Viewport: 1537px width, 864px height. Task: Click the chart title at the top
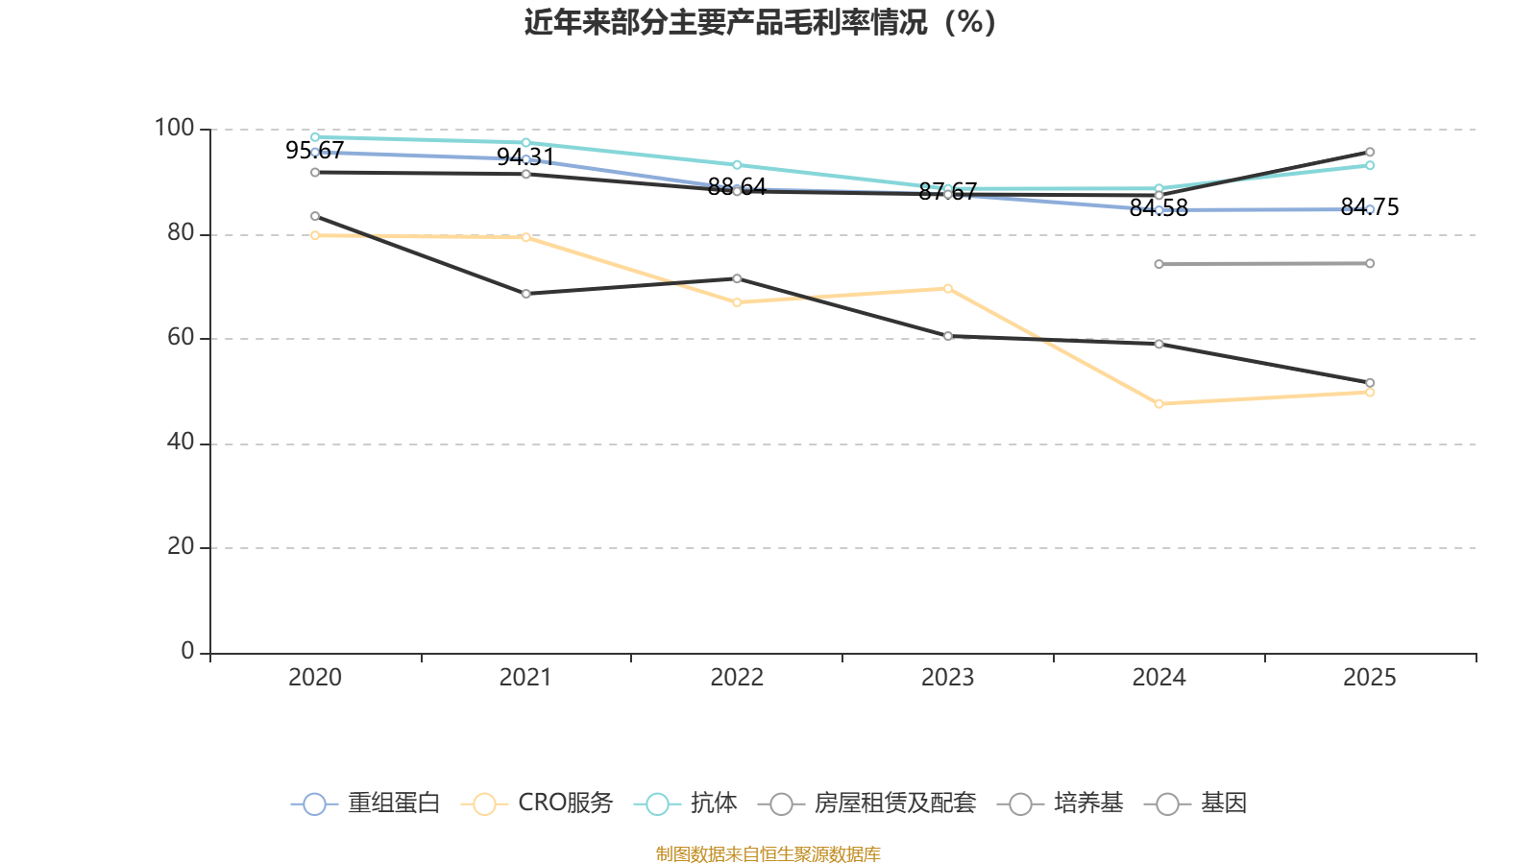[x=760, y=22]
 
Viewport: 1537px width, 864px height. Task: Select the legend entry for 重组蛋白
[x=365, y=804]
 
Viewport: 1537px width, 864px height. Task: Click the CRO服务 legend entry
[x=537, y=804]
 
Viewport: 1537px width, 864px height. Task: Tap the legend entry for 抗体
[x=686, y=804]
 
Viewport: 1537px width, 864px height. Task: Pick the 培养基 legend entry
[x=1061, y=804]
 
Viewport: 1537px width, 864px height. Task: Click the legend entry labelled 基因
[x=1196, y=804]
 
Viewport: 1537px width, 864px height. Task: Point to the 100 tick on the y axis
[x=174, y=129]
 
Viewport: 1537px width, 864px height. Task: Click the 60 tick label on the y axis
[x=180, y=338]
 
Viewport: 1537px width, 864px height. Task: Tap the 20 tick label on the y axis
[x=180, y=547]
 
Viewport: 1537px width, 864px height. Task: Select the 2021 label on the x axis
[x=525, y=678]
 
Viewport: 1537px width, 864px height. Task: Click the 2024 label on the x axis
[x=1159, y=678]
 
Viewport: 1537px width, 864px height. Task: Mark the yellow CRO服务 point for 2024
[x=1159, y=404]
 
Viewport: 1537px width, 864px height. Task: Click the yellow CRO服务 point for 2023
[x=947, y=288]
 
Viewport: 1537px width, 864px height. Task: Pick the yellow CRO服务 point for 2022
[x=737, y=302]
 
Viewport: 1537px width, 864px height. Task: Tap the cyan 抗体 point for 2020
[x=315, y=137]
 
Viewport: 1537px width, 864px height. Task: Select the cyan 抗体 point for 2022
[x=737, y=165]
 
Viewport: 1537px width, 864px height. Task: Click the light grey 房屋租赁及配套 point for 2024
[x=1159, y=264]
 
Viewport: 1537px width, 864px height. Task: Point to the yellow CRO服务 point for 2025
[x=1370, y=393]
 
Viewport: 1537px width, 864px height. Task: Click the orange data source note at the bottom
[x=768, y=854]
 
